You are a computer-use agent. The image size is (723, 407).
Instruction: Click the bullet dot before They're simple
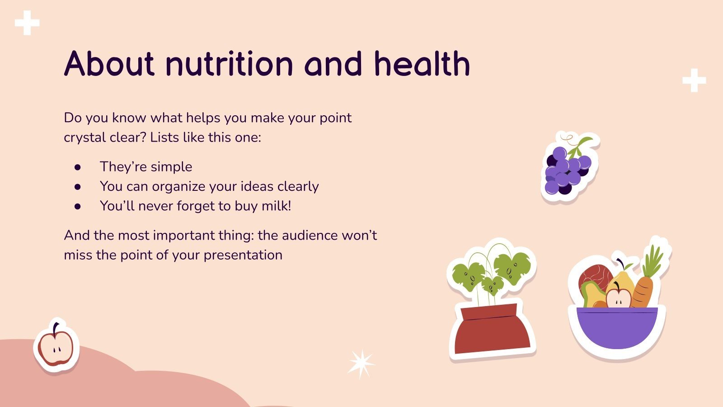coord(78,167)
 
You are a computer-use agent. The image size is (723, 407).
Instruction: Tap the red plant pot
coord(493,330)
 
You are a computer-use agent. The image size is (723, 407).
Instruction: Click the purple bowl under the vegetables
coord(617,328)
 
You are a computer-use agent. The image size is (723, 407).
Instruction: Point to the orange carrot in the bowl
coord(643,292)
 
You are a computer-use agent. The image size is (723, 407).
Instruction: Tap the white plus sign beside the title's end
coord(694,80)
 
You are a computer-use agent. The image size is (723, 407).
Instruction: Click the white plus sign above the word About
coord(27,23)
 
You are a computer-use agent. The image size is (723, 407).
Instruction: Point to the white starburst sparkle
coord(360,364)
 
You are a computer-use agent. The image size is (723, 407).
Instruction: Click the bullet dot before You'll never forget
coord(78,206)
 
